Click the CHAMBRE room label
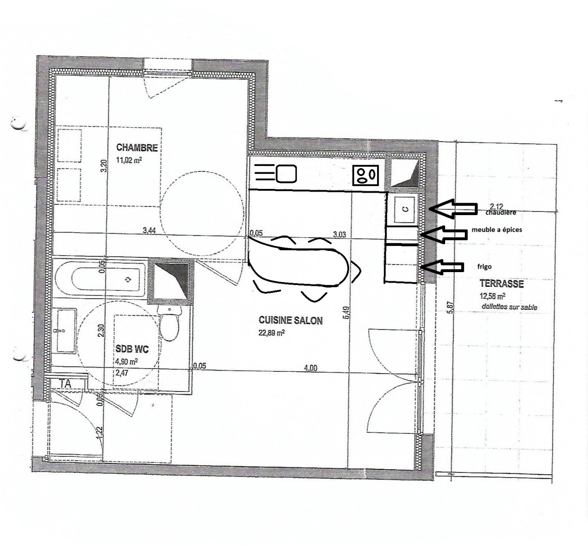pos(137,148)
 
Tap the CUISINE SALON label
pos(290,320)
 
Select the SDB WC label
pos(132,349)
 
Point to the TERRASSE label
pos(502,284)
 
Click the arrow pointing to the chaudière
pos(452,209)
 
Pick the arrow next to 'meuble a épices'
pos(443,235)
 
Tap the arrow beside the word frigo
pos(441,267)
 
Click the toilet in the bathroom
pos(170,323)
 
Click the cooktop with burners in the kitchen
pos(366,175)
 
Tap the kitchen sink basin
pos(286,174)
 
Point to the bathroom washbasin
pos(66,330)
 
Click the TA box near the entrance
pos(66,384)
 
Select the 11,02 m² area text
pos(129,160)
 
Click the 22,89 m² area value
pos(271,333)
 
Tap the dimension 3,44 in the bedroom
pos(149,230)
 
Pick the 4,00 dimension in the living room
pos(311,368)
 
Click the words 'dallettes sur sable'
pos(509,307)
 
